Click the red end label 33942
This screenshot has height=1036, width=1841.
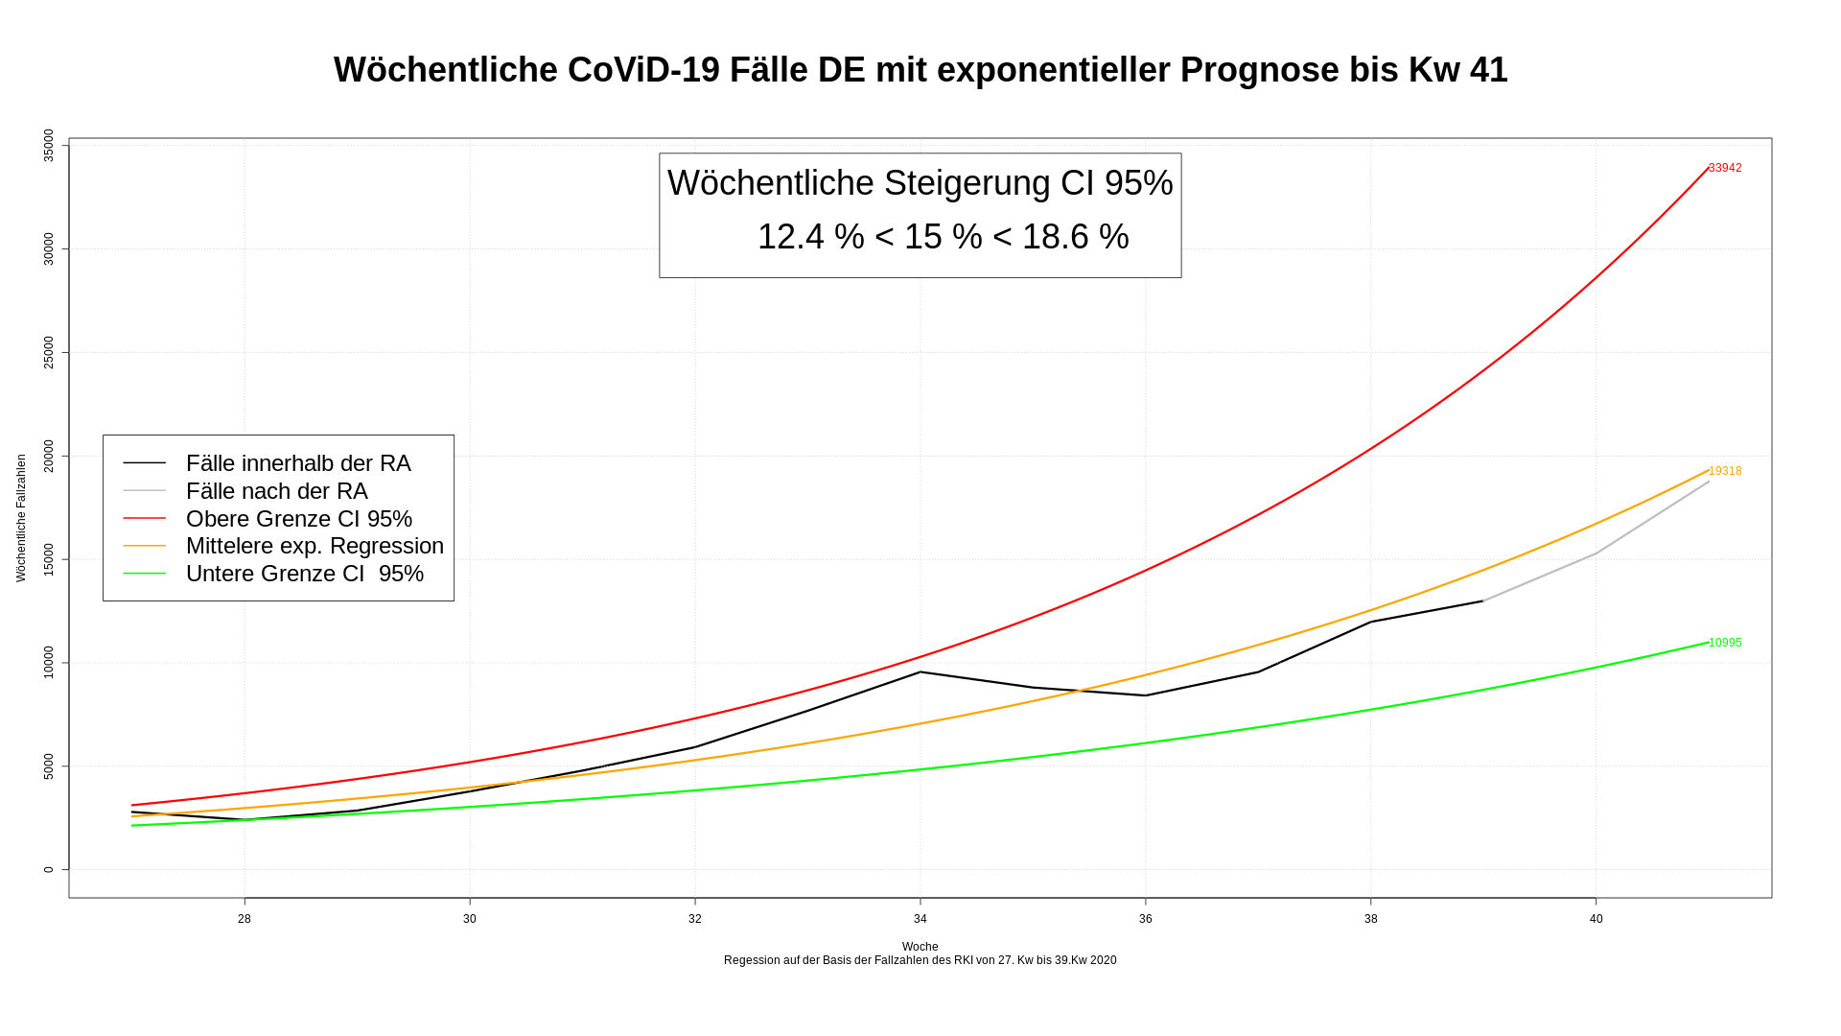pyautogui.click(x=1725, y=168)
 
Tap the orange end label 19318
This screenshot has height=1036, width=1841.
pyautogui.click(x=1725, y=471)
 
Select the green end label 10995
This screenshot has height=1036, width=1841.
pyautogui.click(x=1725, y=643)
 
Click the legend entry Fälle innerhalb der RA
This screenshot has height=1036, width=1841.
pyautogui.click(x=297, y=463)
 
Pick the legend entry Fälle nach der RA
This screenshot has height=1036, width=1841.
pyautogui.click(x=276, y=491)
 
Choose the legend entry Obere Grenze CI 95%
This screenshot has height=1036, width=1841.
pyautogui.click(x=298, y=519)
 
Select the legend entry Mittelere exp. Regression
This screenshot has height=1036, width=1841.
pyautogui.click(x=315, y=546)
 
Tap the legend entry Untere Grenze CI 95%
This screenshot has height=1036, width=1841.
pyautogui.click(x=304, y=574)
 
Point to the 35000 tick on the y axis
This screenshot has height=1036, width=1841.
pyautogui.click(x=49, y=146)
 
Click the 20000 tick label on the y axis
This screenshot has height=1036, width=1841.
pyautogui.click(x=49, y=456)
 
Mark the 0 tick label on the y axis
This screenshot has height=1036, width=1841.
pyautogui.click(x=49, y=870)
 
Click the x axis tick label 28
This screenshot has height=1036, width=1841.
pyautogui.click(x=245, y=919)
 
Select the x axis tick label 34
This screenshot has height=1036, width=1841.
pyautogui.click(x=920, y=919)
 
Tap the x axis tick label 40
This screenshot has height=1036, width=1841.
pyautogui.click(x=1596, y=919)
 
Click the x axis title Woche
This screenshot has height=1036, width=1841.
pyautogui.click(x=920, y=947)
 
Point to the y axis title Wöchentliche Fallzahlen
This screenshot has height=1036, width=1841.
pyautogui.click(x=21, y=518)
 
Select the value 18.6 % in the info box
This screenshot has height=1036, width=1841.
pyautogui.click(x=1075, y=237)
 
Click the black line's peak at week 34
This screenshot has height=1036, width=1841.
pyautogui.click(x=920, y=671)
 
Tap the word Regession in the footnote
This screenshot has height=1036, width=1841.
pyautogui.click(x=754, y=960)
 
